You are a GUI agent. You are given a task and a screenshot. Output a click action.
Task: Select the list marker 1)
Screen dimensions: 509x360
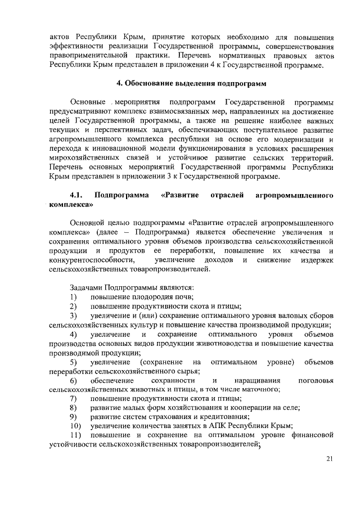(74, 296)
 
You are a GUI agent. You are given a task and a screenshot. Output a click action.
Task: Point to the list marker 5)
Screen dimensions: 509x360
(74, 361)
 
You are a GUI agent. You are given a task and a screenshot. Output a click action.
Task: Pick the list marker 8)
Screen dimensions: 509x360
(74, 407)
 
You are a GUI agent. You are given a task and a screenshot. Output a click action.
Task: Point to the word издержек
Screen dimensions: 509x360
(314, 260)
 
